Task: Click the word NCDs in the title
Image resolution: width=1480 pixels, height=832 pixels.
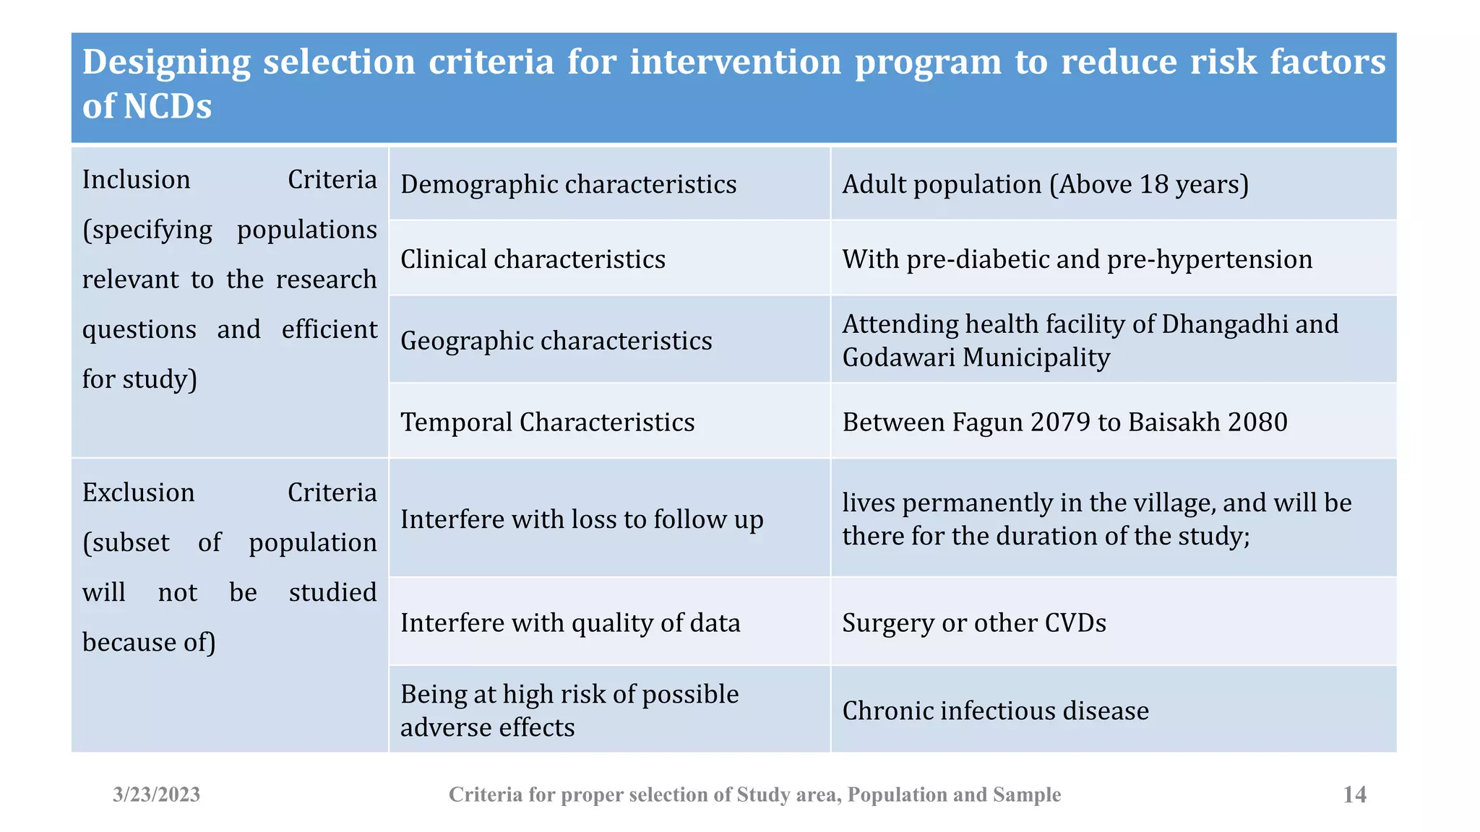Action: click(168, 107)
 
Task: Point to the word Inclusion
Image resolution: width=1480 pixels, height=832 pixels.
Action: click(136, 180)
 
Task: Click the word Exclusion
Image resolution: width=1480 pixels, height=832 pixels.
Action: click(138, 493)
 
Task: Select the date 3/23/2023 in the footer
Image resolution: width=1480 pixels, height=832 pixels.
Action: click(156, 794)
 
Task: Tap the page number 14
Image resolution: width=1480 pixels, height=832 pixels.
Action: click(1354, 794)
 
